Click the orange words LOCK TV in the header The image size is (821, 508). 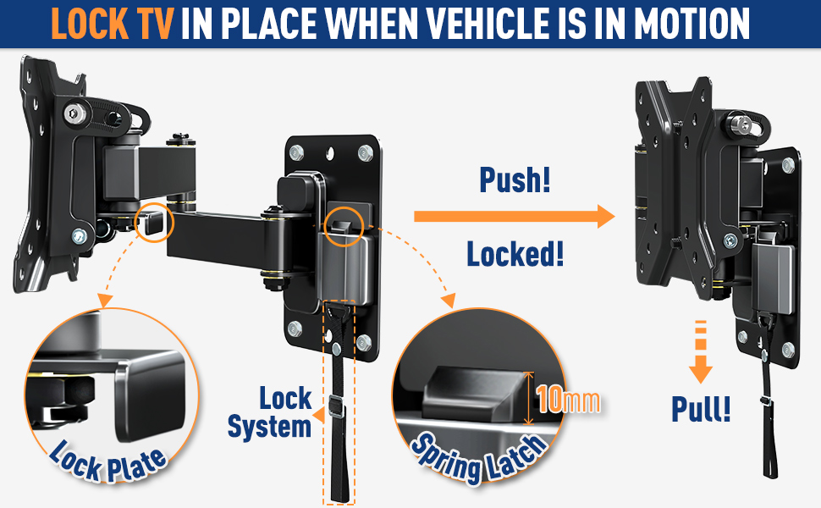tap(113, 25)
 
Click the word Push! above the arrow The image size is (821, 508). tap(515, 179)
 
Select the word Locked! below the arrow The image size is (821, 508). tap(515, 253)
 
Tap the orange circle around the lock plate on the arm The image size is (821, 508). tap(153, 223)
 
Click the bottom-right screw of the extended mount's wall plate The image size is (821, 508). tap(363, 341)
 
